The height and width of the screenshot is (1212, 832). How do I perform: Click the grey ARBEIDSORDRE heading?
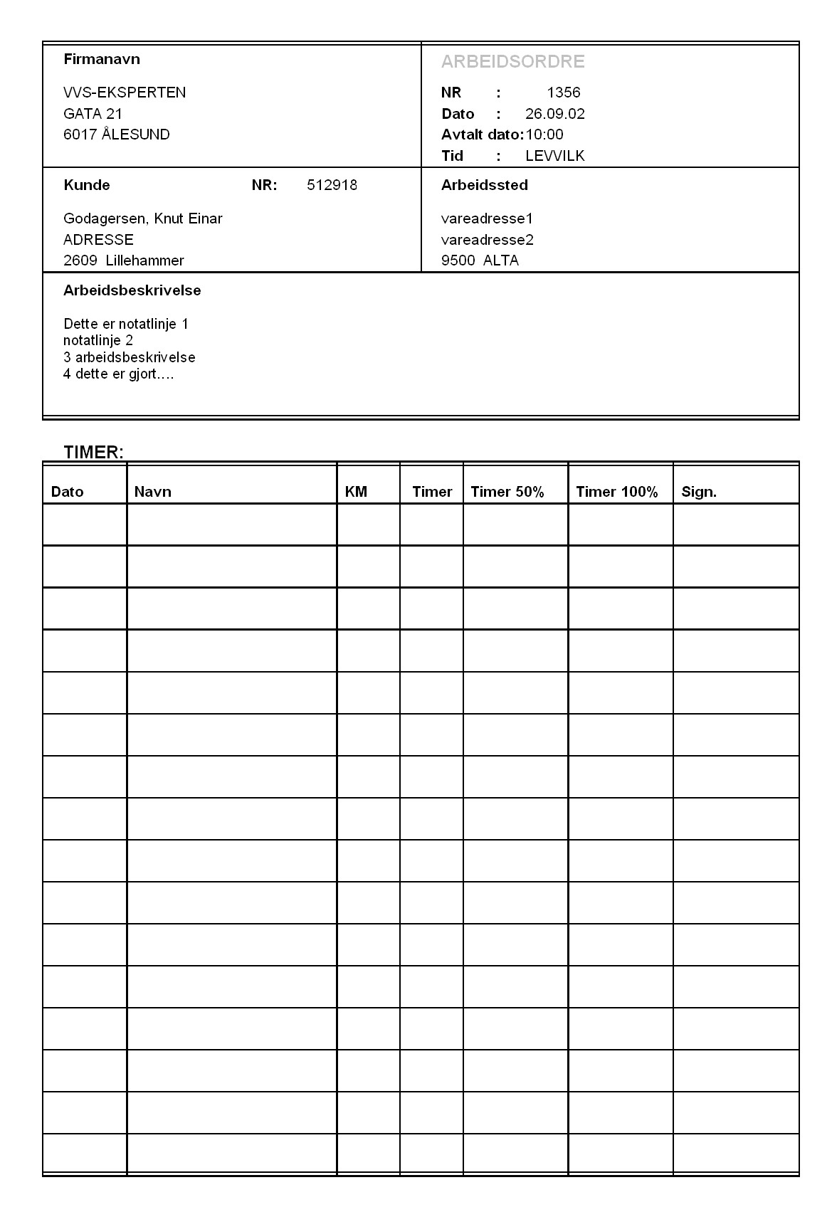[x=512, y=62]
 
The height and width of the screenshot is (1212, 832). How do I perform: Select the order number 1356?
[x=564, y=93]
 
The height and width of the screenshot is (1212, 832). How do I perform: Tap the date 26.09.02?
[x=554, y=114]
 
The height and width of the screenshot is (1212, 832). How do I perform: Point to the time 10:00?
[x=544, y=135]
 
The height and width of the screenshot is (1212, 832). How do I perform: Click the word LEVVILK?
[x=554, y=156]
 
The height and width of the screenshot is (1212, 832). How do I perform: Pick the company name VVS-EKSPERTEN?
[x=125, y=93]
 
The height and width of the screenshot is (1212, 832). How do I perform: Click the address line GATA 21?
[x=93, y=114]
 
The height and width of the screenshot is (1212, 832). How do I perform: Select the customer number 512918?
[x=332, y=186]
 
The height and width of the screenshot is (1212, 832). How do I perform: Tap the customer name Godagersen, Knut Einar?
[x=142, y=218]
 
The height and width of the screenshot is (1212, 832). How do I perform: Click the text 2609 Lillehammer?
[x=123, y=260]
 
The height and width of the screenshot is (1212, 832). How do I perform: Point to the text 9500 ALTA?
[x=480, y=260]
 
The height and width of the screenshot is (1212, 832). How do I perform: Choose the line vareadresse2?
[x=487, y=240]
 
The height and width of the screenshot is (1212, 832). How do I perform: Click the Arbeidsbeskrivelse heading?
[x=132, y=290]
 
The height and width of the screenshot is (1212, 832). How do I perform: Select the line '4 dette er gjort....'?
[x=118, y=374]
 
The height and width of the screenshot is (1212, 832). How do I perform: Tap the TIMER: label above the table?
[x=93, y=453]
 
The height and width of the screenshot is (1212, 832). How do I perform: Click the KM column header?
[x=356, y=492]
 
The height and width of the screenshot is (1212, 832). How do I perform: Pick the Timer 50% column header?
[x=507, y=492]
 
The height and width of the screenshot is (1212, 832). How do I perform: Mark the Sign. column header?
[x=698, y=492]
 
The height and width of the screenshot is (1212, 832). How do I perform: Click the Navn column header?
[x=152, y=492]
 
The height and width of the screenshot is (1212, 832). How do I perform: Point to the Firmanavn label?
[x=101, y=59]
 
